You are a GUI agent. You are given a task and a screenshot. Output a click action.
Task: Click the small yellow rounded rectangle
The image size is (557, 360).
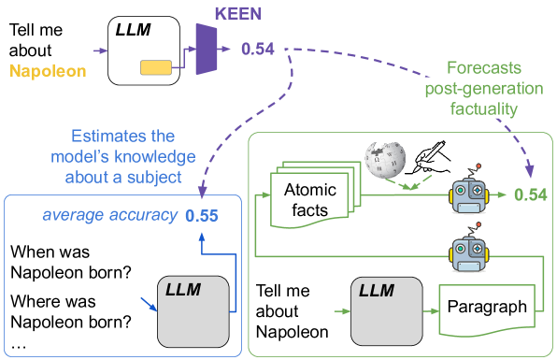click(156, 66)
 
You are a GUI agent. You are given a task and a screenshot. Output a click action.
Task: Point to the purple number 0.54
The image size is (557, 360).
click(258, 49)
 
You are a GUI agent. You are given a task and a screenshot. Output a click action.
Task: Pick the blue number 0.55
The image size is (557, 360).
click(201, 216)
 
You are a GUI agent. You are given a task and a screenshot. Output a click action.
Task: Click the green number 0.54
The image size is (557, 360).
click(530, 194)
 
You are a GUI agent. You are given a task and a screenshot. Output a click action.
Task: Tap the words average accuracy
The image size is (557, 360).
click(109, 216)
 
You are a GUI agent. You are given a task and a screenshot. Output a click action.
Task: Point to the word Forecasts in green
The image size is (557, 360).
click(483, 68)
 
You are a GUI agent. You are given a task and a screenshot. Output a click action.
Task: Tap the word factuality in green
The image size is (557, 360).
click(483, 108)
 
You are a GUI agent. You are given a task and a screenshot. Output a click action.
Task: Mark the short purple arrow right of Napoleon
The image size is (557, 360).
click(101, 50)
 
